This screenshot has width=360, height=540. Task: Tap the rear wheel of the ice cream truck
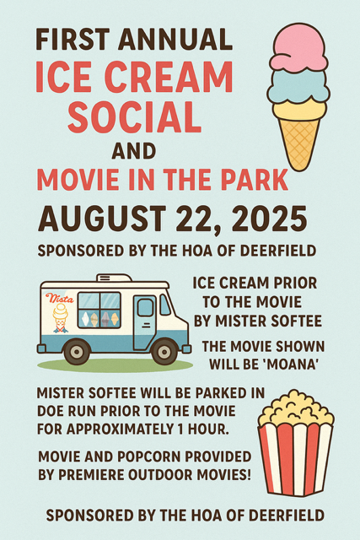tap(77, 350)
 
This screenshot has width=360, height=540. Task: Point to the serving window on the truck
tap(99, 309)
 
